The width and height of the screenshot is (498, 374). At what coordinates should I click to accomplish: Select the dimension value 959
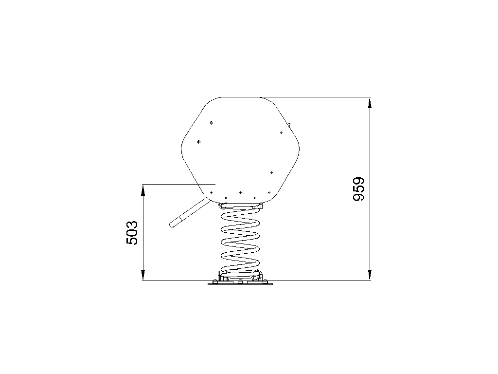point(359,189)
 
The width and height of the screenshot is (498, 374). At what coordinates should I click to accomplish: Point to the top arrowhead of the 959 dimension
point(370,103)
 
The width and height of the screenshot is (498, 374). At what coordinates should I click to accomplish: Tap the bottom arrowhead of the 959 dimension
point(370,275)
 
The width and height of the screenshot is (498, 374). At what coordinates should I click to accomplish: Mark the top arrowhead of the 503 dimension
point(143,190)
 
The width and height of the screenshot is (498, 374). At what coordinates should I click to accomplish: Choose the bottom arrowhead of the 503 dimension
point(143,275)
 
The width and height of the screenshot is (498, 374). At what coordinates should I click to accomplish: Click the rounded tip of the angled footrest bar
point(172,224)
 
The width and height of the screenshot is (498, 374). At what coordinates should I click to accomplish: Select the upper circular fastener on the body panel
point(211,123)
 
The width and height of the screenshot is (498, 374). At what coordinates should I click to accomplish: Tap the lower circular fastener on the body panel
point(199,142)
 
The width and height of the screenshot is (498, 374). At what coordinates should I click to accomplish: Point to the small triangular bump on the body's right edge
point(289,124)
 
